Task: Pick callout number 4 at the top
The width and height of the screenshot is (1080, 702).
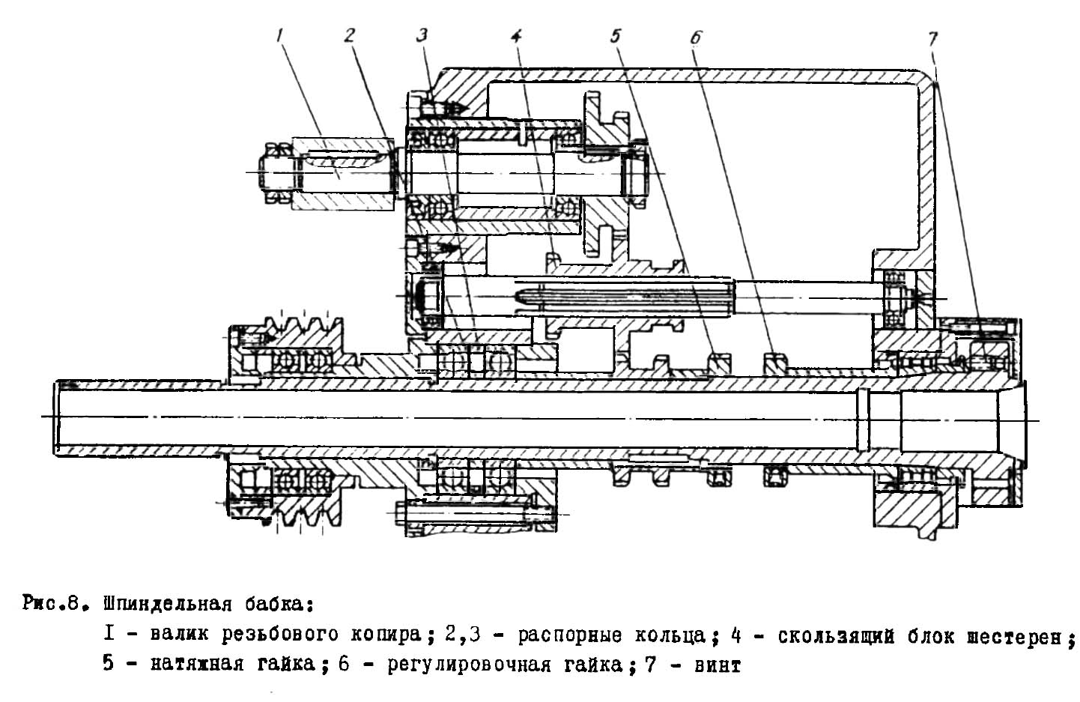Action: (517, 35)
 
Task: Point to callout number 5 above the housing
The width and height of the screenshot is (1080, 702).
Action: (616, 34)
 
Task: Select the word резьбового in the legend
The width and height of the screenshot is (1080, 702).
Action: (282, 636)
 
